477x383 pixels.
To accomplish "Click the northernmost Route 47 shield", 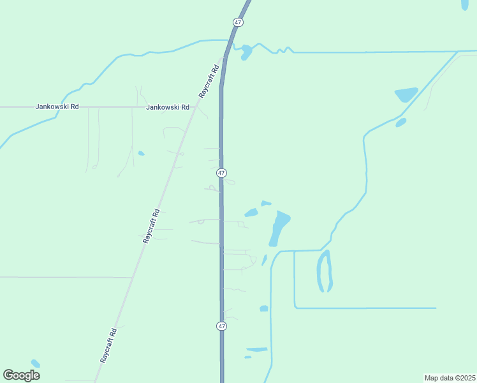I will (238, 22).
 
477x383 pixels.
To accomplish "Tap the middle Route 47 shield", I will (221, 173).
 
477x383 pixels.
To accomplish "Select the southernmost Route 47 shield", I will (221, 326).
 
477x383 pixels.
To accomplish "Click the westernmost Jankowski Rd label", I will (57, 107).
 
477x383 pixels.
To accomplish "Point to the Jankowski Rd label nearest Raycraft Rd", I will (168, 107).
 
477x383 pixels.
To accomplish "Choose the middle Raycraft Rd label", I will (151, 225).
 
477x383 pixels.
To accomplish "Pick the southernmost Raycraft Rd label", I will (108, 345).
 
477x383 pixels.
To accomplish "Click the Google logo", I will (22, 375).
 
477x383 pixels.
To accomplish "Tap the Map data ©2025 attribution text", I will (449, 377).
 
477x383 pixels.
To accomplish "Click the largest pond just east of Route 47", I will (278, 228).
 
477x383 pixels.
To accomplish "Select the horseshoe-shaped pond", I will (324, 271).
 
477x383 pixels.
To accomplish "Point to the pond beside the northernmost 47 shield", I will (246, 53).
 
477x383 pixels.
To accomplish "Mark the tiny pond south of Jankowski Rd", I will (141, 153).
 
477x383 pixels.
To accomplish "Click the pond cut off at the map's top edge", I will (465, 4).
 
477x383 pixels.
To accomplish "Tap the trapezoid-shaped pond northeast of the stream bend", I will (406, 94).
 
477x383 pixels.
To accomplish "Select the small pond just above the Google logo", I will (35, 363).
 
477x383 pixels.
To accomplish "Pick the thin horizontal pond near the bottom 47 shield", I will (257, 349).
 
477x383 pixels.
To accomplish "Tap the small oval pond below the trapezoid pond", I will (400, 122).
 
